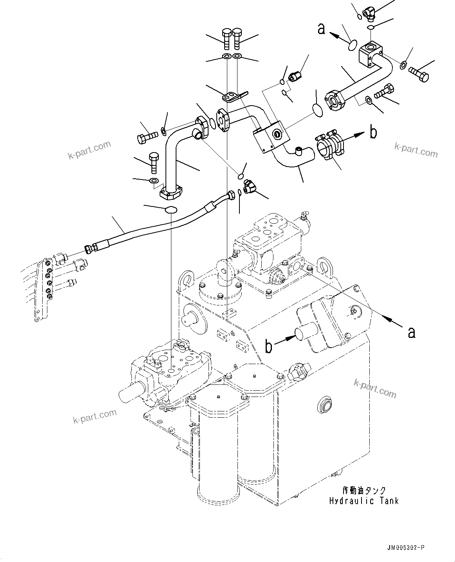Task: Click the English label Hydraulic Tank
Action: [363, 500]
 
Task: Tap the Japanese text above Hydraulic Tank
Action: [363, 490]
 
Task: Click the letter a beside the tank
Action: [411, 332]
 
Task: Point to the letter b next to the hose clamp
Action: [374, 133]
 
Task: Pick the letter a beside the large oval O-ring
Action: [321, 29]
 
